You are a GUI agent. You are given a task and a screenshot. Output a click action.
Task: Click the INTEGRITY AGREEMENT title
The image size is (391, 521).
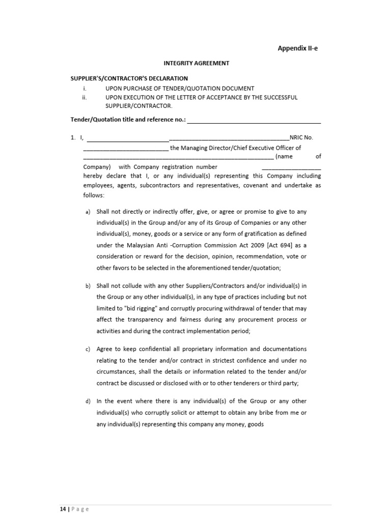tap(196, 63)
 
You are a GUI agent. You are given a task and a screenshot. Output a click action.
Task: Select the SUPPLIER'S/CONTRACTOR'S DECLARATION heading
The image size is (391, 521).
tap(129, 78)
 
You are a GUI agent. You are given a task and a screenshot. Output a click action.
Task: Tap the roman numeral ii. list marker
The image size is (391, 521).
tap(85, 97)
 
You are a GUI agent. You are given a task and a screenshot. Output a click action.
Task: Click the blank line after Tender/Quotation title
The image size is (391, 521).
tap(255, 121)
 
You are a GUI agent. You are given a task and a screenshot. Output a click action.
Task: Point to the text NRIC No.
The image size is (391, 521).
tap(302, 137)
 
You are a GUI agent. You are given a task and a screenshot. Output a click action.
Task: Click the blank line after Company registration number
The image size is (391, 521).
tap(291, 167)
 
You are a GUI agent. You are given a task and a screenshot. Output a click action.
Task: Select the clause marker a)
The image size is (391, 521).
tap(88, 212)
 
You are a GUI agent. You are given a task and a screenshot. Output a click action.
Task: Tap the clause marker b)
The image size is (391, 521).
tap(88, 286)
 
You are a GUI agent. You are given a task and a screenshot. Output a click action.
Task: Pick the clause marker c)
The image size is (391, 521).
tap(88, 350)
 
